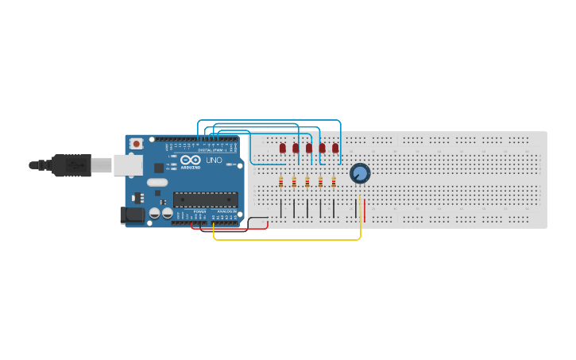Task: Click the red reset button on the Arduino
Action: tap(136, 144)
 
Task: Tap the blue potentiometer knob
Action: tap(360, 172)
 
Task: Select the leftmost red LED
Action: tap(282, 147)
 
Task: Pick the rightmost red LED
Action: tap(335, 147)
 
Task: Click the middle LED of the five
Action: tap(309, 147)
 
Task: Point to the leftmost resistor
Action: tap(280, 181)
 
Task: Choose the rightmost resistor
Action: tap(334, 181)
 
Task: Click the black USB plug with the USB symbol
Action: tap(73, 165)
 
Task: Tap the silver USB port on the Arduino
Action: tap(127, 165)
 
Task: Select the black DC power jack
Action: tap(132, 215)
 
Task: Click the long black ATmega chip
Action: tap(205, 199)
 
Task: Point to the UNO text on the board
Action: tap(214, 161)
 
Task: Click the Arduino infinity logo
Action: tap(191, 160)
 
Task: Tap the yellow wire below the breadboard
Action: tap(286, 238)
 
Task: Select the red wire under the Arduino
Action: tap(230, 229)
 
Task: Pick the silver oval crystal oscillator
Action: tap(157, 182)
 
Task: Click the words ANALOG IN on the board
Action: tap(226, 211)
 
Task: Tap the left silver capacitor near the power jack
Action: tap(154, 213)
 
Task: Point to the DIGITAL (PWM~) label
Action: tap(210, 149)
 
